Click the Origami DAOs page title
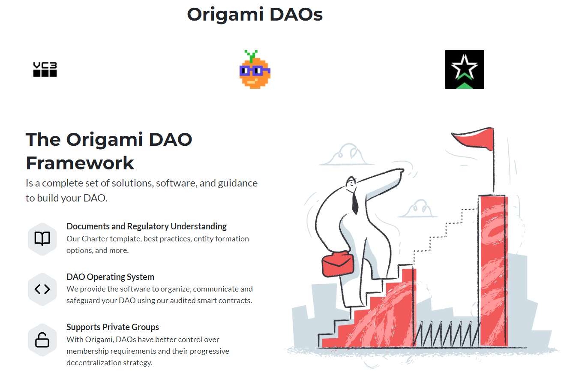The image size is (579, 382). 255,15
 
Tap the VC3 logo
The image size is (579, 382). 45,69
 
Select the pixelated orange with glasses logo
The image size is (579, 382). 255,70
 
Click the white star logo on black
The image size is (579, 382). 464,69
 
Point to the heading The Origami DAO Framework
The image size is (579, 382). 109,151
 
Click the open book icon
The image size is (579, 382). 42,238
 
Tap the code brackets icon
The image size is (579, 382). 42,289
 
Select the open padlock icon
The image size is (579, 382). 42,340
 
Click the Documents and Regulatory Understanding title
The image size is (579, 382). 147,226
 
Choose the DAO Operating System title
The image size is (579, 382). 110,277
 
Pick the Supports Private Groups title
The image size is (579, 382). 113,327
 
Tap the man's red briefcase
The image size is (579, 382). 338,264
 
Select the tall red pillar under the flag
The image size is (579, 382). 494,270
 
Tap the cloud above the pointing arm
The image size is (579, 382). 346,155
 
